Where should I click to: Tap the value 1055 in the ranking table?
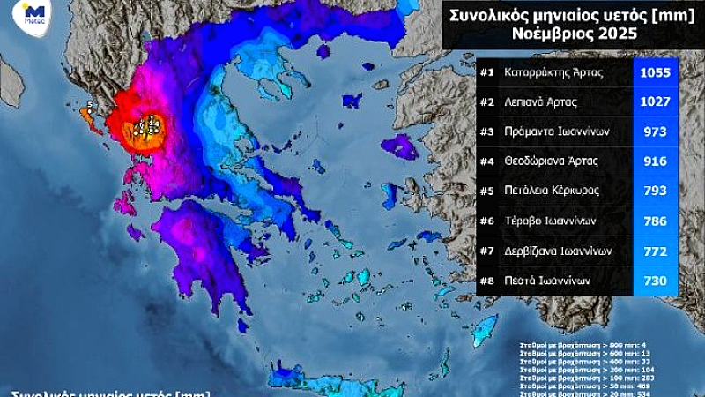tap(655, 72)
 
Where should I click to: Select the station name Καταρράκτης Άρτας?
tap(553, 72)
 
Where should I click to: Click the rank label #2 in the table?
tap(486, 102)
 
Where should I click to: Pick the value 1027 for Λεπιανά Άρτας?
tap(655, 102)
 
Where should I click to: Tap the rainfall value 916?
tap(655, 161)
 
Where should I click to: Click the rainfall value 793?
tap(655, 191)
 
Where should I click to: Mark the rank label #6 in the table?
tap(486, 221)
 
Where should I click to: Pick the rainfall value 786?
tap(655, 221)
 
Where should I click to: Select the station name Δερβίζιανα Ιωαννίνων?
tap(560, 251)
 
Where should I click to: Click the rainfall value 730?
tap(655, 281)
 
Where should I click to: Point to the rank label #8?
tap(486, 281)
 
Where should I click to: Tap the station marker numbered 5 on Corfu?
tap(89, 105)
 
